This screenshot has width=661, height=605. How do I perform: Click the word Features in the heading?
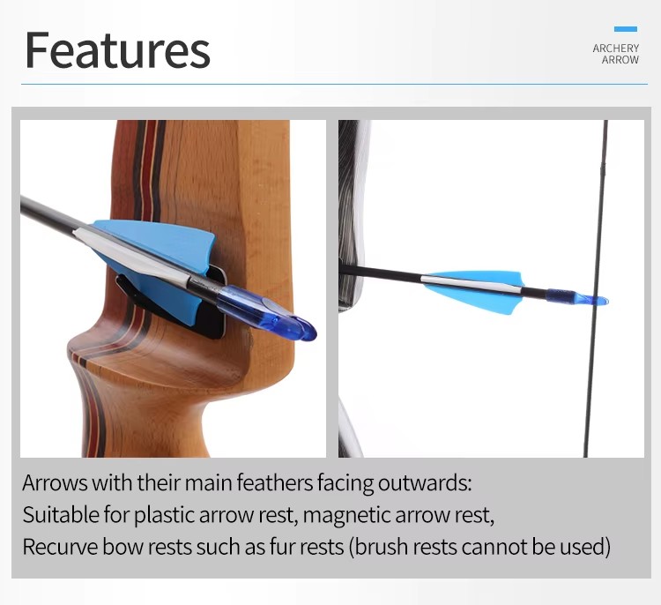tap(117, 49)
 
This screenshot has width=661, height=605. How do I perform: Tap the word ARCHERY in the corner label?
tap(615, 49)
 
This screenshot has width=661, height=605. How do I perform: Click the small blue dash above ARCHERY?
tap(626, 29)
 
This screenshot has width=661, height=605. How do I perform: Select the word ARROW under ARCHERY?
tap(620, 60)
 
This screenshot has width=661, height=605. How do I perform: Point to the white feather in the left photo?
tap(130, 253)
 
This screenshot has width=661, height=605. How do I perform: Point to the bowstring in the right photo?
tap(595, 288)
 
